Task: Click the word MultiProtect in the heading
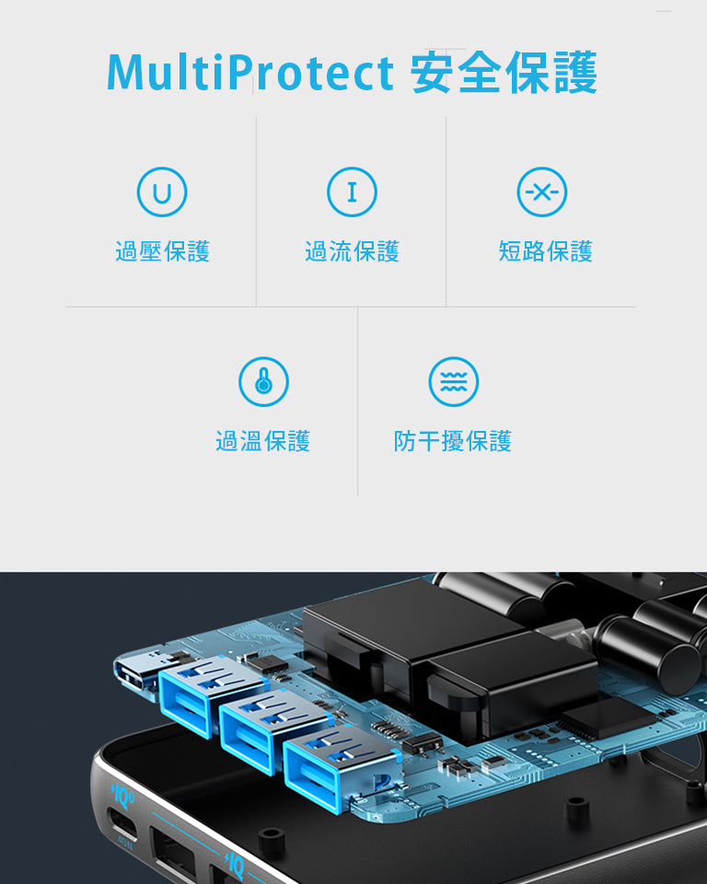click(x=249, y=72)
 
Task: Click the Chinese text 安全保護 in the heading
click(x=504, y=72)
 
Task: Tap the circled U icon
click(x=162, y=192)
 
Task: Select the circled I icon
click(x=352, y=192)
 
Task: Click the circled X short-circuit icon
click(x=542, y=192)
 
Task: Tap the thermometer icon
click(x=263, y=381)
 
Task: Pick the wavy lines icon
click(x=453, y=381)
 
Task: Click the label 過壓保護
click(x=162, y=251)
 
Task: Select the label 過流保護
click(x=352, y=251)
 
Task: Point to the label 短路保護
click(x=545, y=251)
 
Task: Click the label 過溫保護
click(x=263, y=441)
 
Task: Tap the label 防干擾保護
click(x=453, y=441)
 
